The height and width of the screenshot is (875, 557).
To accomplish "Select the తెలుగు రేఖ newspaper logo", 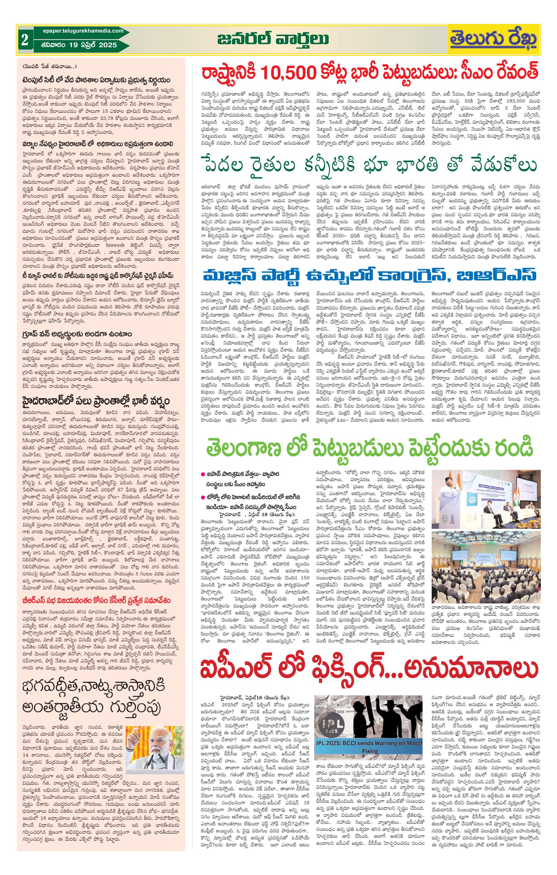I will click(x=494, y=40).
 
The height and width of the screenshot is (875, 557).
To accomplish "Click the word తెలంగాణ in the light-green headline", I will click(x=244, y=449).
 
